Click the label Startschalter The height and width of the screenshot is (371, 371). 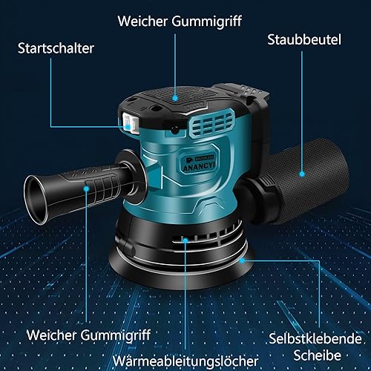[x=56, y=48]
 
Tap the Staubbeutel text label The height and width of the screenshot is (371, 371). [x=304, y=39]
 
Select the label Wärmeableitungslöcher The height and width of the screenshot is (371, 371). [x=185, y=361]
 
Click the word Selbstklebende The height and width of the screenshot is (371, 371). [x=315, y=338]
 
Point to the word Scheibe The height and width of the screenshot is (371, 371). [x=318, y=355]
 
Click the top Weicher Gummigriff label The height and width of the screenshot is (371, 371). [x=180, y=22]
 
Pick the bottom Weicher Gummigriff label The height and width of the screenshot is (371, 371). [x=88, y=335]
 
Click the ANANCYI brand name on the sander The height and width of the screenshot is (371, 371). [x=199, y=166]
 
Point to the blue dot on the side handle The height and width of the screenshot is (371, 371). [x=86, y=188]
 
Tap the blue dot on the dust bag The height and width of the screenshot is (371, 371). [x=302, y=174]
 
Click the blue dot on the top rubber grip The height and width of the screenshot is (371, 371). [x=175, y=99]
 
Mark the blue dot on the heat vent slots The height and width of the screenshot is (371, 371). [x=185, y=240]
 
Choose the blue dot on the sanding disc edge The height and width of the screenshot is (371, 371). [x=243, y=260]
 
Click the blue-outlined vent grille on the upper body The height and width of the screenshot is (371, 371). [x=212, y=123]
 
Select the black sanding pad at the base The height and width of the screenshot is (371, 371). [x=182, y=269]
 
